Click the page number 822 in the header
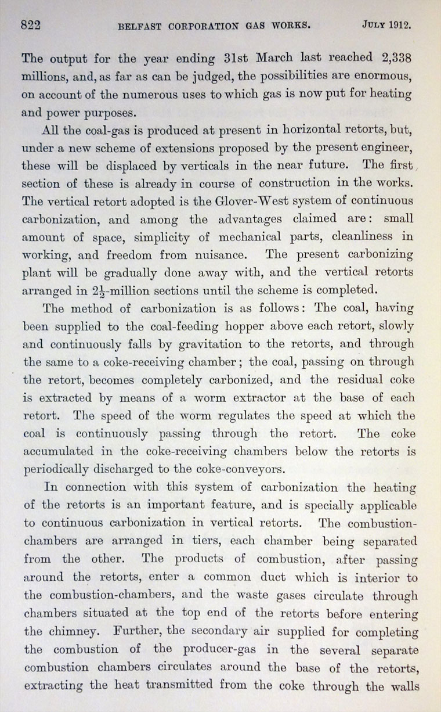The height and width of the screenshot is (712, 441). click(x=33, y=25)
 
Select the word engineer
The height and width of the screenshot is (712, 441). click(x=385, y=148)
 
